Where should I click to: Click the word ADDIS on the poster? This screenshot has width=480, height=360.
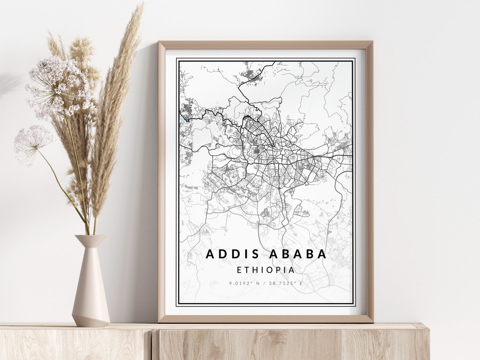click(x=228, y=254)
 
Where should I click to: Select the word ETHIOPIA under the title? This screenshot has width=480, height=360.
click(x=265, y=270)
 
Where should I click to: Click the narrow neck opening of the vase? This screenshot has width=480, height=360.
click(x=90, y=236)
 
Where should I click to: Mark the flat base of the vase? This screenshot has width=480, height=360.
click(x=91, y=324)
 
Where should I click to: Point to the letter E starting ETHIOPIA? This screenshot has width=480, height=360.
click(x=239, y=270)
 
